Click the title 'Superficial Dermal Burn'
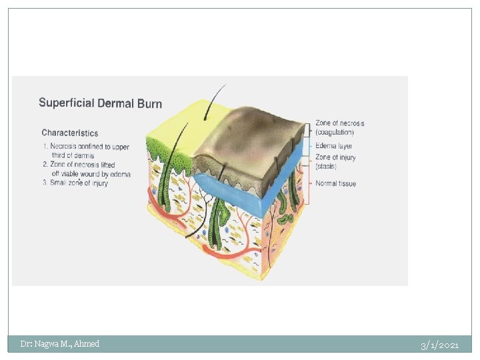100,103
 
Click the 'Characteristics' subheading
69,133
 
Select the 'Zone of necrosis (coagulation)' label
339,127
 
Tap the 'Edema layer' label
334,146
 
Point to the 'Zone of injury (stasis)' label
335,161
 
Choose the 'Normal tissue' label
335,183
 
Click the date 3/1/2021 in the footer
439,345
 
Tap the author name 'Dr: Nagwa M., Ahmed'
59,344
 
